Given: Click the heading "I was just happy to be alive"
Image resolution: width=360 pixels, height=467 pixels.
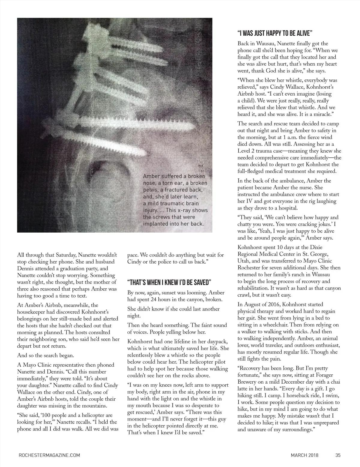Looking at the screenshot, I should pyautogui.click(x=275, y=33).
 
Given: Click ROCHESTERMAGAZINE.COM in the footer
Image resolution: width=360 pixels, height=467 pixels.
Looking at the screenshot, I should pyautogui.click(x=49, y=455).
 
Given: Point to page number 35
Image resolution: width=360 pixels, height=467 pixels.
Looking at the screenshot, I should pyautogui.click(x=338, y=455).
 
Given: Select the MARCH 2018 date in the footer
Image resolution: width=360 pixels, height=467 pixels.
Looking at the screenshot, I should pyautogui.click(x=304, y=455).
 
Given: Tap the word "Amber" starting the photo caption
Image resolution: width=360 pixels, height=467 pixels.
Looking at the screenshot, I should pyautogui.click(x=151, y=176).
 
